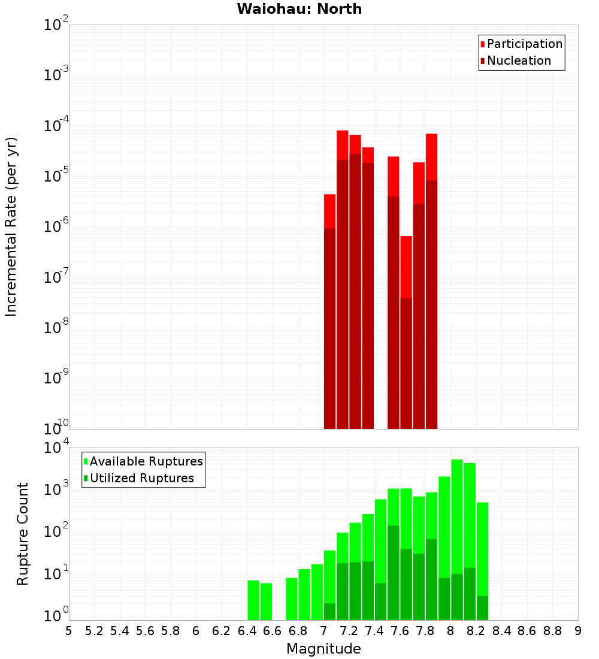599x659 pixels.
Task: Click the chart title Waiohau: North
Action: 299,9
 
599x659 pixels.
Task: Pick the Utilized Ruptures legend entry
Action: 141,479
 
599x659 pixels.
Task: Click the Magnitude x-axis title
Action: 323,649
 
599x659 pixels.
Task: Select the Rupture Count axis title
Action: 23,533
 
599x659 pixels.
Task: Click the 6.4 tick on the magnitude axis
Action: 247,631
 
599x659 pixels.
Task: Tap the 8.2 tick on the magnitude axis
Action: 476,631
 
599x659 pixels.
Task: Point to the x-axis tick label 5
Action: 69,631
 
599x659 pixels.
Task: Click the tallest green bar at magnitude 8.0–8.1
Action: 457,539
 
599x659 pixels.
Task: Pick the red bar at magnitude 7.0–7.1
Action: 329,312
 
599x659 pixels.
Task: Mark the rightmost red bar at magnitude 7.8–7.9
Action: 431,282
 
